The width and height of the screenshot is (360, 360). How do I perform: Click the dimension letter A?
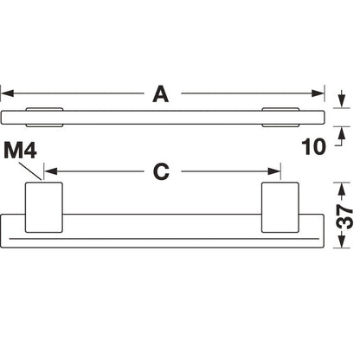click(x=161, y=93)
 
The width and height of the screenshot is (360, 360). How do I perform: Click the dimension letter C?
click(x=161, y=171)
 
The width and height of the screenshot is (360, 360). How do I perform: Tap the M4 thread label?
click(x=20, y=151)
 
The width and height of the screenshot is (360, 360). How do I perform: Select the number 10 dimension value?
click(x=313, y=147)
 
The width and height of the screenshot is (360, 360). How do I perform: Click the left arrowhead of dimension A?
click(x=7, y=93)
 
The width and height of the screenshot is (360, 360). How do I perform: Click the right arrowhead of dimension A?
click(x=318, y=93)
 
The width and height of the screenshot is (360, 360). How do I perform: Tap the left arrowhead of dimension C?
click(x=51, y=171)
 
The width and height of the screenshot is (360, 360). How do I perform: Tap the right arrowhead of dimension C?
click(x=273, y=171)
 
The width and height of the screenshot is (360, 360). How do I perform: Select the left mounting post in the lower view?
click(x=44, y=207)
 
